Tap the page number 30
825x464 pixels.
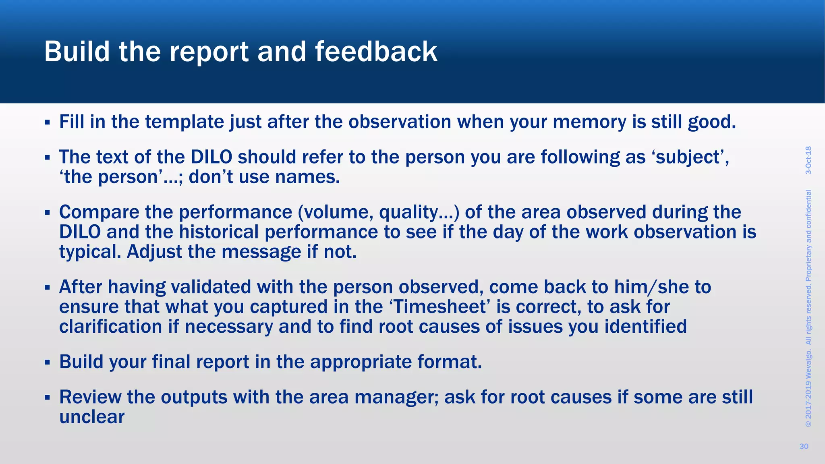point(804,446)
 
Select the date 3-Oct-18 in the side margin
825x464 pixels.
point(808,160)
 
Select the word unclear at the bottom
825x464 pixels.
point(92,417)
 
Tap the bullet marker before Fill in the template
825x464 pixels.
point(47,122)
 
